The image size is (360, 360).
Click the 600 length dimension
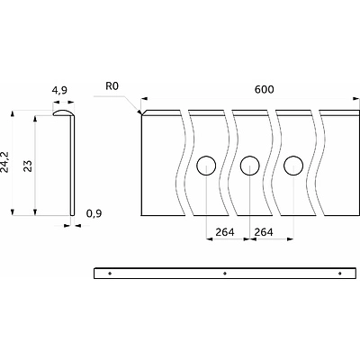click(264, 89)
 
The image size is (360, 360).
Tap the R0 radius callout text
click(112, 86)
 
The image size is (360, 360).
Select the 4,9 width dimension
click(59, 90)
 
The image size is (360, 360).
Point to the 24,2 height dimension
click(4, 162)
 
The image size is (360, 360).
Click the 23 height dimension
click(28, 166)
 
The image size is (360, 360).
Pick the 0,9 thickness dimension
click(94, 213)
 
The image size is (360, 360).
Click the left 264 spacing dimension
click(225, 232)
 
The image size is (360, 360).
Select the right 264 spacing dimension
click(264, 232)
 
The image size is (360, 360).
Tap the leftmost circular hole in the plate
click(206, 166)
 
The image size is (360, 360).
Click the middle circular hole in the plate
click(250, 166)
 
